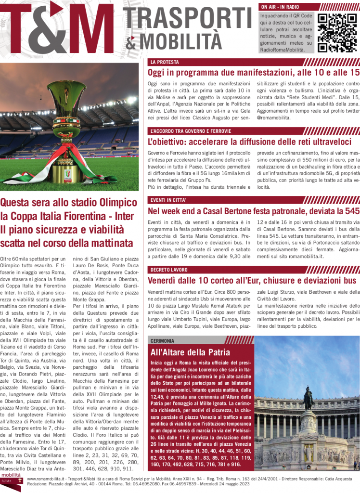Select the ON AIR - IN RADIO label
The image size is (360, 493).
tap(280, 7)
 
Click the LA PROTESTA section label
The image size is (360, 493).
tap(165, 62)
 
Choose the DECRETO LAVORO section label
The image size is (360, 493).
tap(169, 270)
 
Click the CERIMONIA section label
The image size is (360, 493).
tap(162, 341)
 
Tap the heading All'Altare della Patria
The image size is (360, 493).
tap(190, 352)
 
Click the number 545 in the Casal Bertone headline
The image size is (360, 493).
tap(351, 211)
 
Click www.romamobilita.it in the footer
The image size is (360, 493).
tap(46, 480)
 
